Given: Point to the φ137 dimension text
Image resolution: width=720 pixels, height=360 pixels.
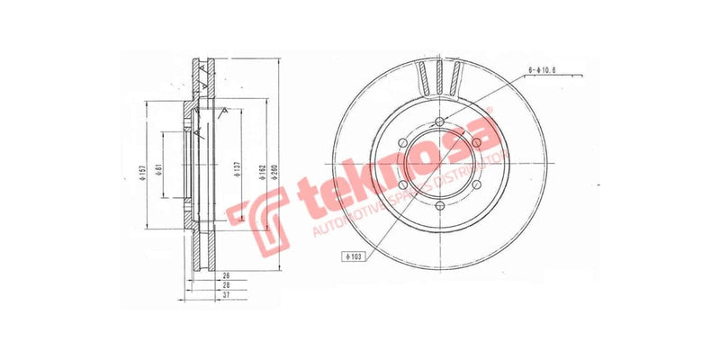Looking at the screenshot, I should coord(236,172).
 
